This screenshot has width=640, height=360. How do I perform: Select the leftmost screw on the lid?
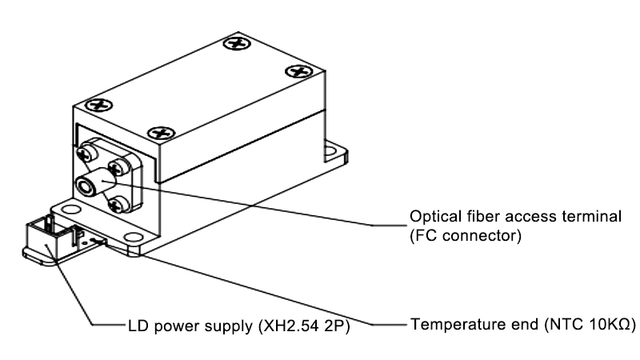(x=98, y=104)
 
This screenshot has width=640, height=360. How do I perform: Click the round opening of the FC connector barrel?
(x=85, y=186)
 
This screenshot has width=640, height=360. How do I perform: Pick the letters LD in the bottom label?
(x=137, y=326)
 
